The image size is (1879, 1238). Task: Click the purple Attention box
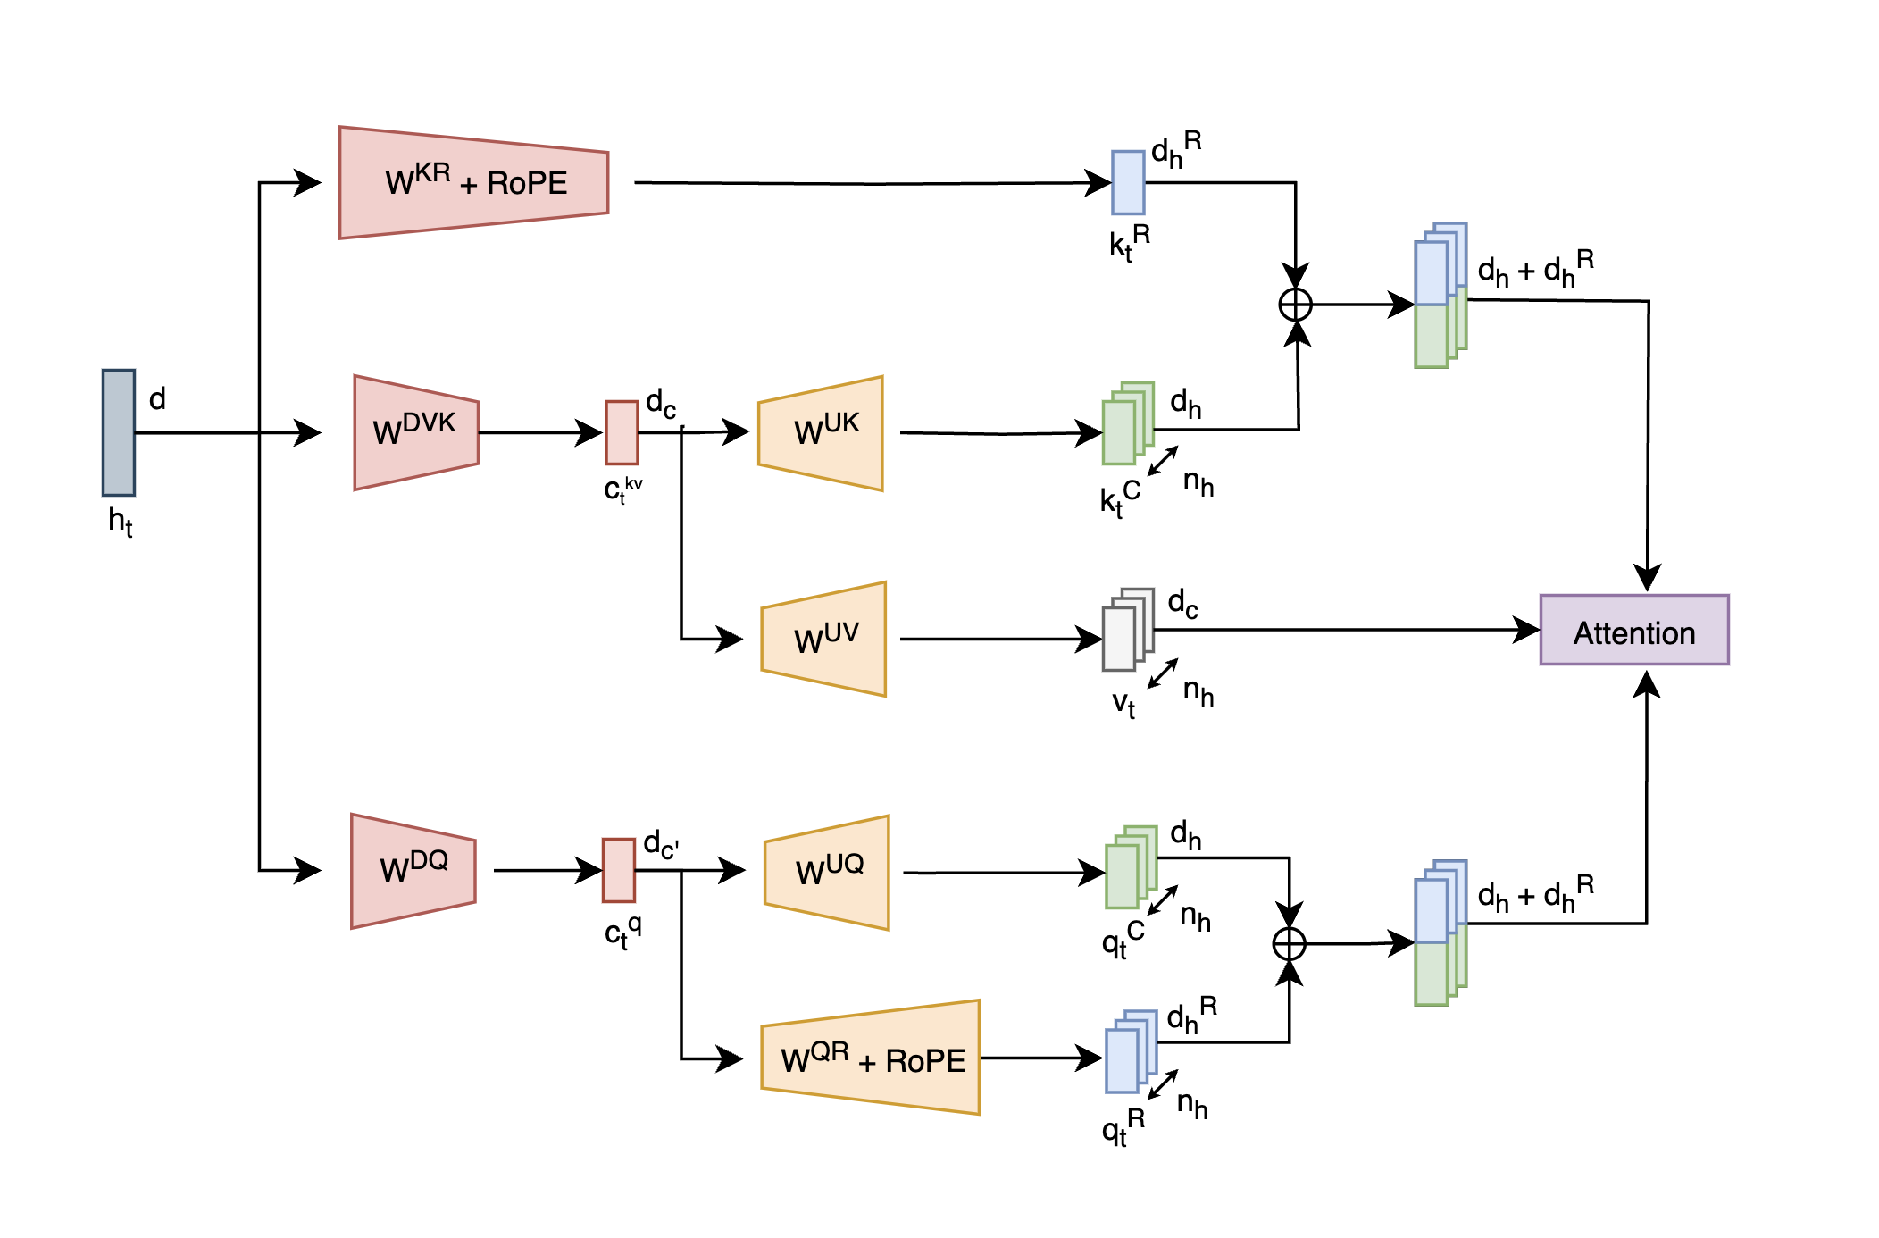tap(1633, 630)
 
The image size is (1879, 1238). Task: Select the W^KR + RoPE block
tap(473, 183)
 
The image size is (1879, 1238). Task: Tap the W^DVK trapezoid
tap(415, 432)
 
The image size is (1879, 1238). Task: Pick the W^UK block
tap(821, 433)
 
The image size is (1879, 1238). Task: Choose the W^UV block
tap(823, 640)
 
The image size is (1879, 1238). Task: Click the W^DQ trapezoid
tap(413, 871)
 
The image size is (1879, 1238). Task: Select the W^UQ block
tap(827, 873)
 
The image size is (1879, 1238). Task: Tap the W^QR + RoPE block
tap(871, 1058)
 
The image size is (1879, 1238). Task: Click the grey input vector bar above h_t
tap(118, 432)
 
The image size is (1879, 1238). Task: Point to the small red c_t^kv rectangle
tap(622, 432)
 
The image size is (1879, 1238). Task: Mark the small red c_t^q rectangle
tap(619, 870)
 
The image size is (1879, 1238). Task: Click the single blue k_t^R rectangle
tap(1128, 182)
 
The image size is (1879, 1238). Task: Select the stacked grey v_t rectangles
tap(1127, 631)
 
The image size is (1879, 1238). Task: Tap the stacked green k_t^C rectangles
tap(1127, 425)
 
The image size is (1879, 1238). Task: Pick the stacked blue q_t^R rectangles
tap(1130, 1053)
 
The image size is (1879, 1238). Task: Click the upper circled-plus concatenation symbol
tap(1295, 305)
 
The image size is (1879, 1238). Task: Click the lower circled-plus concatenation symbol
tap(1289, 943)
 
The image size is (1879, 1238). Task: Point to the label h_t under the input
tap(120, 521)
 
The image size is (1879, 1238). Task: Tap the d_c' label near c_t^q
tap(661, 844)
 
